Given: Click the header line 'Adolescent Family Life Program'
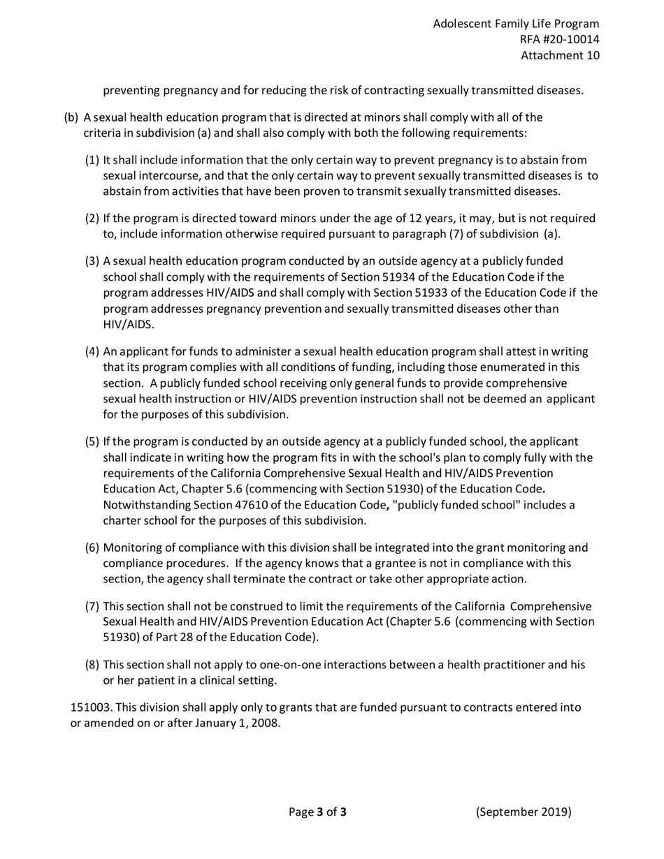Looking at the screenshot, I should (516, 24).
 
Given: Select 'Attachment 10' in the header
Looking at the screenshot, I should (560, 56).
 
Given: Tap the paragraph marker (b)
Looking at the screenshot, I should (71, 117).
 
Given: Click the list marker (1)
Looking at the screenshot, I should (92, 160).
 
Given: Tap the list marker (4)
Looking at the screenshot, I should (92, 351).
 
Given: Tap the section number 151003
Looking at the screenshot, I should (91, 707).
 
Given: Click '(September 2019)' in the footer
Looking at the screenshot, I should (524, 812).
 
